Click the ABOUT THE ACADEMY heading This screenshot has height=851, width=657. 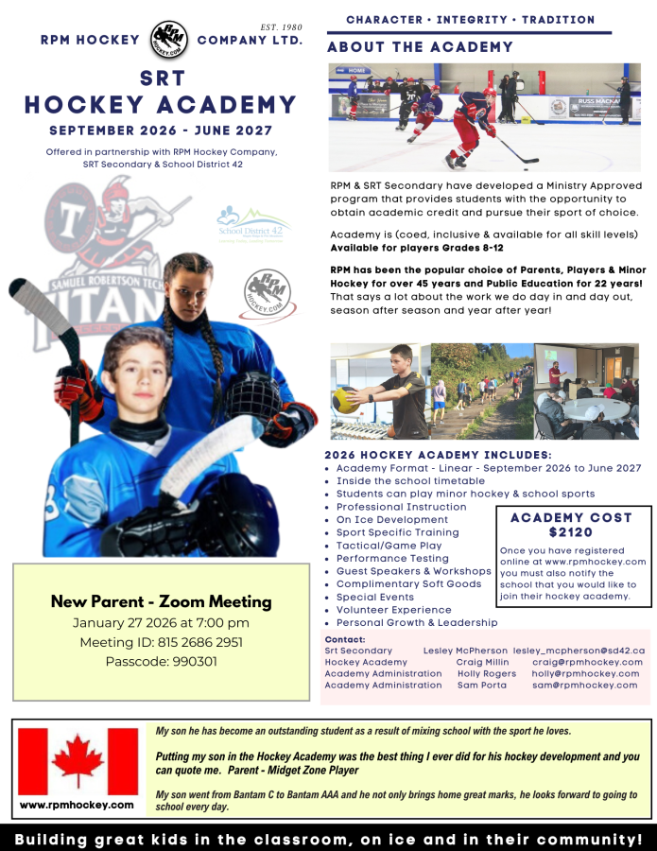[420, 47]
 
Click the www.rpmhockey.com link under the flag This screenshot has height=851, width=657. [78, 804]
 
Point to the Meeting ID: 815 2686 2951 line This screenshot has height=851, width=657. [161, 642]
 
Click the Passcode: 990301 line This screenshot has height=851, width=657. [161, 661]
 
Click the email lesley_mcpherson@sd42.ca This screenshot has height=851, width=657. [579, 651]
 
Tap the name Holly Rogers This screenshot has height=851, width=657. [487, 673]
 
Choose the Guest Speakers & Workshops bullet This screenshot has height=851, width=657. [413, 571]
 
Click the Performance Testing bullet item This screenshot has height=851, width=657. [392, 558]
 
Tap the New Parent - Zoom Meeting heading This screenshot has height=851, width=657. [161, 601]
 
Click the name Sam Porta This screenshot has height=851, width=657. [481, 685]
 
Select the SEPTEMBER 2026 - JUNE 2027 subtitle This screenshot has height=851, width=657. [161, 130]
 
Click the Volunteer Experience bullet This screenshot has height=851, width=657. [394, 610]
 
